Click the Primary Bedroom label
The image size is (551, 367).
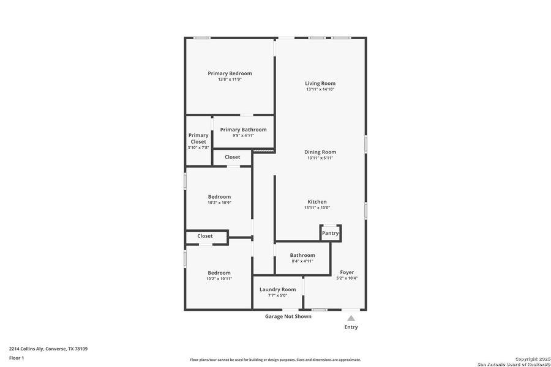click(230, 73)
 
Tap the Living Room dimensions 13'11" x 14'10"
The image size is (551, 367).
click(320, 89)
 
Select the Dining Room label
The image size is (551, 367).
click(320, 152)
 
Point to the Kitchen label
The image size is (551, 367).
click(317, 202)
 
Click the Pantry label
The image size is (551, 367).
click(330, 233)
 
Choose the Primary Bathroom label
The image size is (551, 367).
click(243, 130)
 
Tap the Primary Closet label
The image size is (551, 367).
click(198, 138)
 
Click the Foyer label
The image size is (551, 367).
click(347, 272)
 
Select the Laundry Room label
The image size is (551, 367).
click(277, 289)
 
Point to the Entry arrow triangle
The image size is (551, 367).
click(351, 318)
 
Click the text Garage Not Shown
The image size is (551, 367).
click(288, 316)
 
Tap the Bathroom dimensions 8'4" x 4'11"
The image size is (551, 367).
click(302, 261)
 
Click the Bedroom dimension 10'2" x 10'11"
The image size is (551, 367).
click(219, 279)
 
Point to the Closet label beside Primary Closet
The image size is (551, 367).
click(232, 157)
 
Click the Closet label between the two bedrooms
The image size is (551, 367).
click(205, 236)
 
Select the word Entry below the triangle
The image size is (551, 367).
click(351, 327)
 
